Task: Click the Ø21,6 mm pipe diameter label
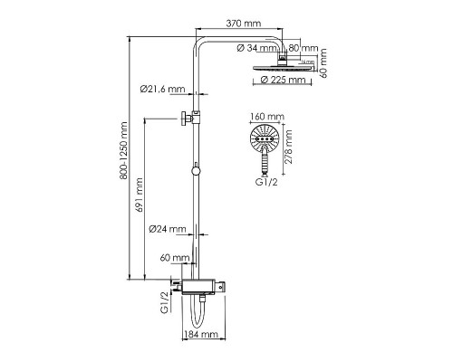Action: [x=163, y=89]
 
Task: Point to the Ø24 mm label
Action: [x=169, y=229]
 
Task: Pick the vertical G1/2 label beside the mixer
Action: [x=164, y=299]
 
